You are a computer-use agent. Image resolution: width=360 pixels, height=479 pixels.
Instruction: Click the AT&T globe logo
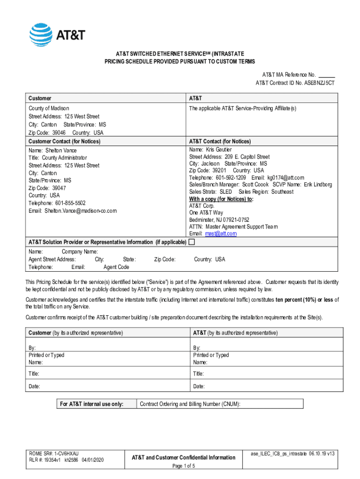click(41, 35)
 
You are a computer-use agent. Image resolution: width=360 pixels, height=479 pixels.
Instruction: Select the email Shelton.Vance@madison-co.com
click(80, 211)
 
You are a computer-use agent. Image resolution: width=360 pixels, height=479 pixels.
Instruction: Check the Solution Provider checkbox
click(191, 242)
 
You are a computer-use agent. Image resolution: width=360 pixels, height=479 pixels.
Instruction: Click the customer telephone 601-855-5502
click(71, 203)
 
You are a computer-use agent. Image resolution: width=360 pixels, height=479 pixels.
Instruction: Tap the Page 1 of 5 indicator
click(183, 466)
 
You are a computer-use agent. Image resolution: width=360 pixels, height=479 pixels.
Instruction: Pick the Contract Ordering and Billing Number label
click(190, 404)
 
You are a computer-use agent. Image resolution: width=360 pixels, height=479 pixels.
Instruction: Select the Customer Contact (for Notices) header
click(65, 141)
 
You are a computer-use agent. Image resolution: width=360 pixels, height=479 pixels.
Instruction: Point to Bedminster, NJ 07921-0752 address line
click(219, 219)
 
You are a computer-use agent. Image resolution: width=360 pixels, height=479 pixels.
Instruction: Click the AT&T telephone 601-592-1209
click(231, 178)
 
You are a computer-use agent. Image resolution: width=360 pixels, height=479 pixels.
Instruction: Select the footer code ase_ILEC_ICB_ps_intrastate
click(279, 454)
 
